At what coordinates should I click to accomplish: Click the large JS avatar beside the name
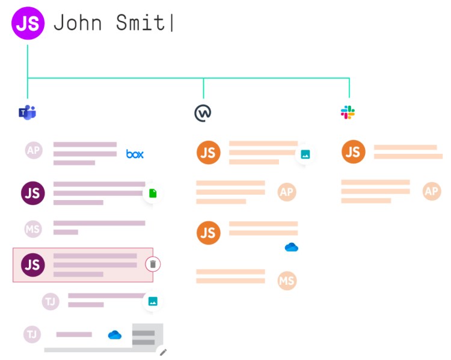click(x=28, y=23)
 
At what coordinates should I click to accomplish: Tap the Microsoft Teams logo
click(x=27, y=112)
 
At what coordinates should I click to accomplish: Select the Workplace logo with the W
click(x=203, y=112)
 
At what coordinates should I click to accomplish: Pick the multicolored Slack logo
click(x=348, y=112)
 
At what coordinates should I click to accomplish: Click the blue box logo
click(x=135, y=154)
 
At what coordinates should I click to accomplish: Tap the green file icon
click(x=153, y=194)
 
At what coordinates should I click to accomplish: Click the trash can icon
click(x=153, y=264)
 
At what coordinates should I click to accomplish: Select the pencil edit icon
click(x=162, y=352)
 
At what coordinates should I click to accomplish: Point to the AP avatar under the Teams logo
click(x=34, y=150)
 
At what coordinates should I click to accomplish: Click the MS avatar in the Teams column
click(x=33, y=229)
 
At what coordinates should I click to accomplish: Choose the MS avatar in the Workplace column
click(x=287, y=281)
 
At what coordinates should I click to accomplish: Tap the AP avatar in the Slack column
click(x=432, y=192)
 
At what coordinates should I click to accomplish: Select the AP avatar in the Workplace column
click(x=287, y=192)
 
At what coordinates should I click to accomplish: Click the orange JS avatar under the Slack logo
click(x=353, y=152)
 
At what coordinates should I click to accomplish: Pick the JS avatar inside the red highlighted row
click(x=33, y=264)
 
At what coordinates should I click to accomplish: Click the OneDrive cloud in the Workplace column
click(x=292, y=247)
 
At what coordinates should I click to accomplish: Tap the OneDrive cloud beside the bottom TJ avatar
click(x=115, y=335)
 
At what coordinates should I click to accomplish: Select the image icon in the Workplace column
click(x=305, y=154)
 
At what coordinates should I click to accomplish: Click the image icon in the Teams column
click(x=153, y=302)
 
